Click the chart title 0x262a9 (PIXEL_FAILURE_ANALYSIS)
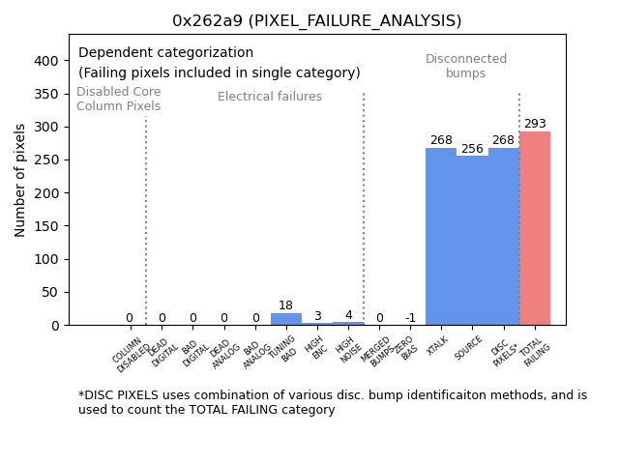click(316, 20)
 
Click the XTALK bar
click(441, 236)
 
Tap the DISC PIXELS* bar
click(503, 236)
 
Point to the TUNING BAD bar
click(286, 319)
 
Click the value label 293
click(535, 124)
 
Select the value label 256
click(472, 149)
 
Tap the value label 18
click(286, 305)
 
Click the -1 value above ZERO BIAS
click(410, 318)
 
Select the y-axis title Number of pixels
click(21, 180)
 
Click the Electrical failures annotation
click(270, 97)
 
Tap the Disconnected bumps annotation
click(466, 66)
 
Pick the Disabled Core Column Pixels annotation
click(119, 99)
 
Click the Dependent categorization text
click(165, 53)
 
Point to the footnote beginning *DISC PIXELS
click(332, 402)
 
